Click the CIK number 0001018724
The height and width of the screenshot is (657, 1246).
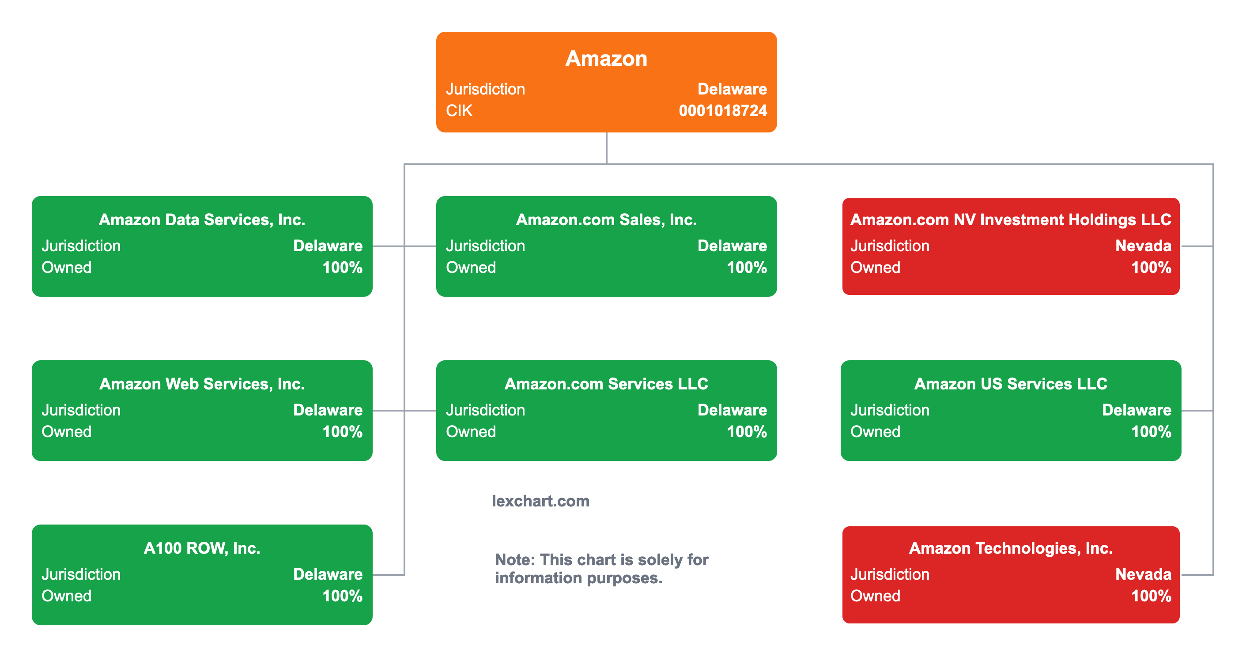coord(723,111)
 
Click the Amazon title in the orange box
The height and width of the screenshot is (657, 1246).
coord(606,59)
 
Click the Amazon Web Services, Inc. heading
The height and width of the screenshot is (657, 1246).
coord(202,384)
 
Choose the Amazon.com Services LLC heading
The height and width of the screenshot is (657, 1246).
coord(606,384)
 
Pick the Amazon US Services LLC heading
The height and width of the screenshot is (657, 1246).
coord(1010,384)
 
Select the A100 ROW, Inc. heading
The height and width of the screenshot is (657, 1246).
coord(202,548)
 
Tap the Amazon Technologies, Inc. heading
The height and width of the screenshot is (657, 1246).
coord(1010,548)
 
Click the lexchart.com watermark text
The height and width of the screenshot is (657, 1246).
coord(540,501)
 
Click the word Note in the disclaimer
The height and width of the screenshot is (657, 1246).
coord(514,560)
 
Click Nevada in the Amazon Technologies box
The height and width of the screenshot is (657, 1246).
coord(1143,574)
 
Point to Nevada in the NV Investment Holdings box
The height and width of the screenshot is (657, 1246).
coord(1143,246)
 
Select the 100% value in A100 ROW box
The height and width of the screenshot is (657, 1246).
coord(343,596)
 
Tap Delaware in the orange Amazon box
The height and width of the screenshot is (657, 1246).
coord(732,89)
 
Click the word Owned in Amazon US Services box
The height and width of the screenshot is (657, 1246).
coord(875,431)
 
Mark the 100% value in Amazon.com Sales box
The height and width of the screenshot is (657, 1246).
coord(747,268)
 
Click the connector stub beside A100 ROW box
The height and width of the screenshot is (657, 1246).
coord(388,575)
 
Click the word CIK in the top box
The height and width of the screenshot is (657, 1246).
coord(459,111)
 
